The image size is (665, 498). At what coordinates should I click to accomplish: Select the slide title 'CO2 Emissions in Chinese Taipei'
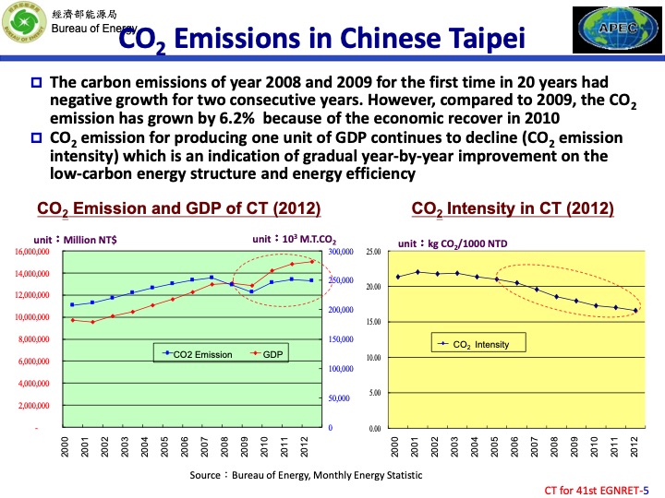click(x=323, y=39)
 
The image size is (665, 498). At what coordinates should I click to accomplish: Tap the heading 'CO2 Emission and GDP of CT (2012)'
click(x=178, y=208)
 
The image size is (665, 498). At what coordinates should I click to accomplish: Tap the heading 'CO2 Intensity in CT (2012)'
click(x=513, y=208)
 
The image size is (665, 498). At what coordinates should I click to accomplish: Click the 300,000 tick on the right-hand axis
click(x=341, y=252)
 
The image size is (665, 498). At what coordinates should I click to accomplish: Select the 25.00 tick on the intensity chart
click(x=374, y=252)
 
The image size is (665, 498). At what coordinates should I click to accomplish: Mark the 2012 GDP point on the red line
click(x=312, y=262)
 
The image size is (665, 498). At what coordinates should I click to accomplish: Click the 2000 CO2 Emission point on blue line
click(x=72, y=304)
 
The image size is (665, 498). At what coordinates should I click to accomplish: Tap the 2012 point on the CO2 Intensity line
click(x=635, y=311)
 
